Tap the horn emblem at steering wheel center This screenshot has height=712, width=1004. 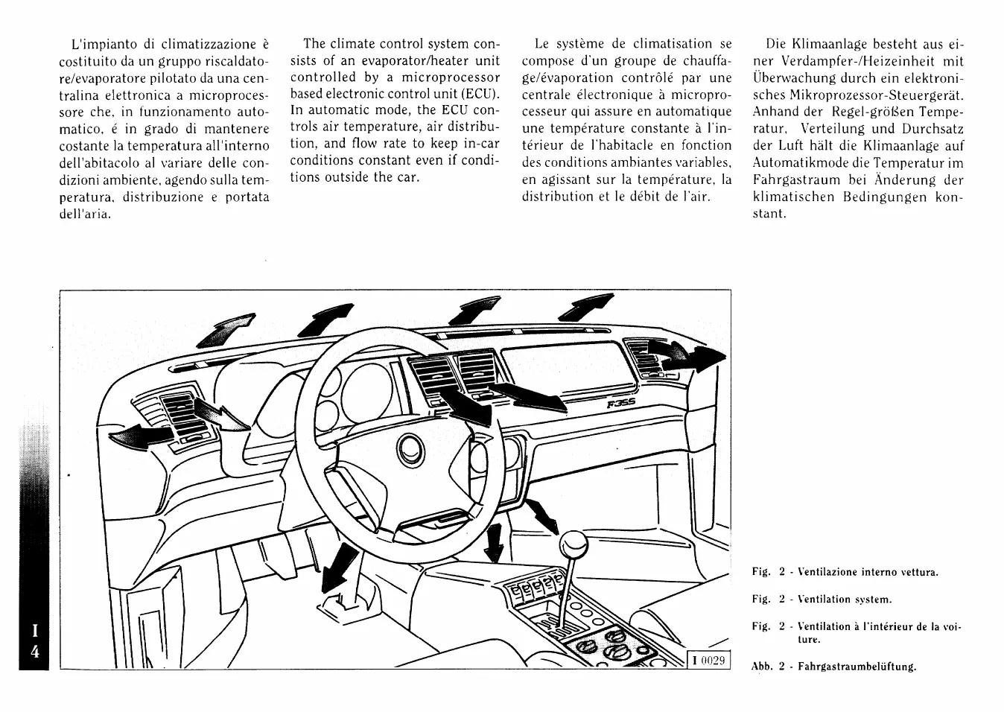pyautogui.click(x=410, y=449)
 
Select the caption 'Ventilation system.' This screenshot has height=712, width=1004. pyautogui.click(x=845, y=599)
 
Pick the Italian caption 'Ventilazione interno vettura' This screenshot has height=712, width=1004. pyautogui.click(x=868, y=572)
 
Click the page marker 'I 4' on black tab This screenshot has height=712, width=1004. pyautogui.click(x=34, y=641)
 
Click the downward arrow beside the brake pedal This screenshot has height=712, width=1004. pyautogui.click(x=343, y=565)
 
